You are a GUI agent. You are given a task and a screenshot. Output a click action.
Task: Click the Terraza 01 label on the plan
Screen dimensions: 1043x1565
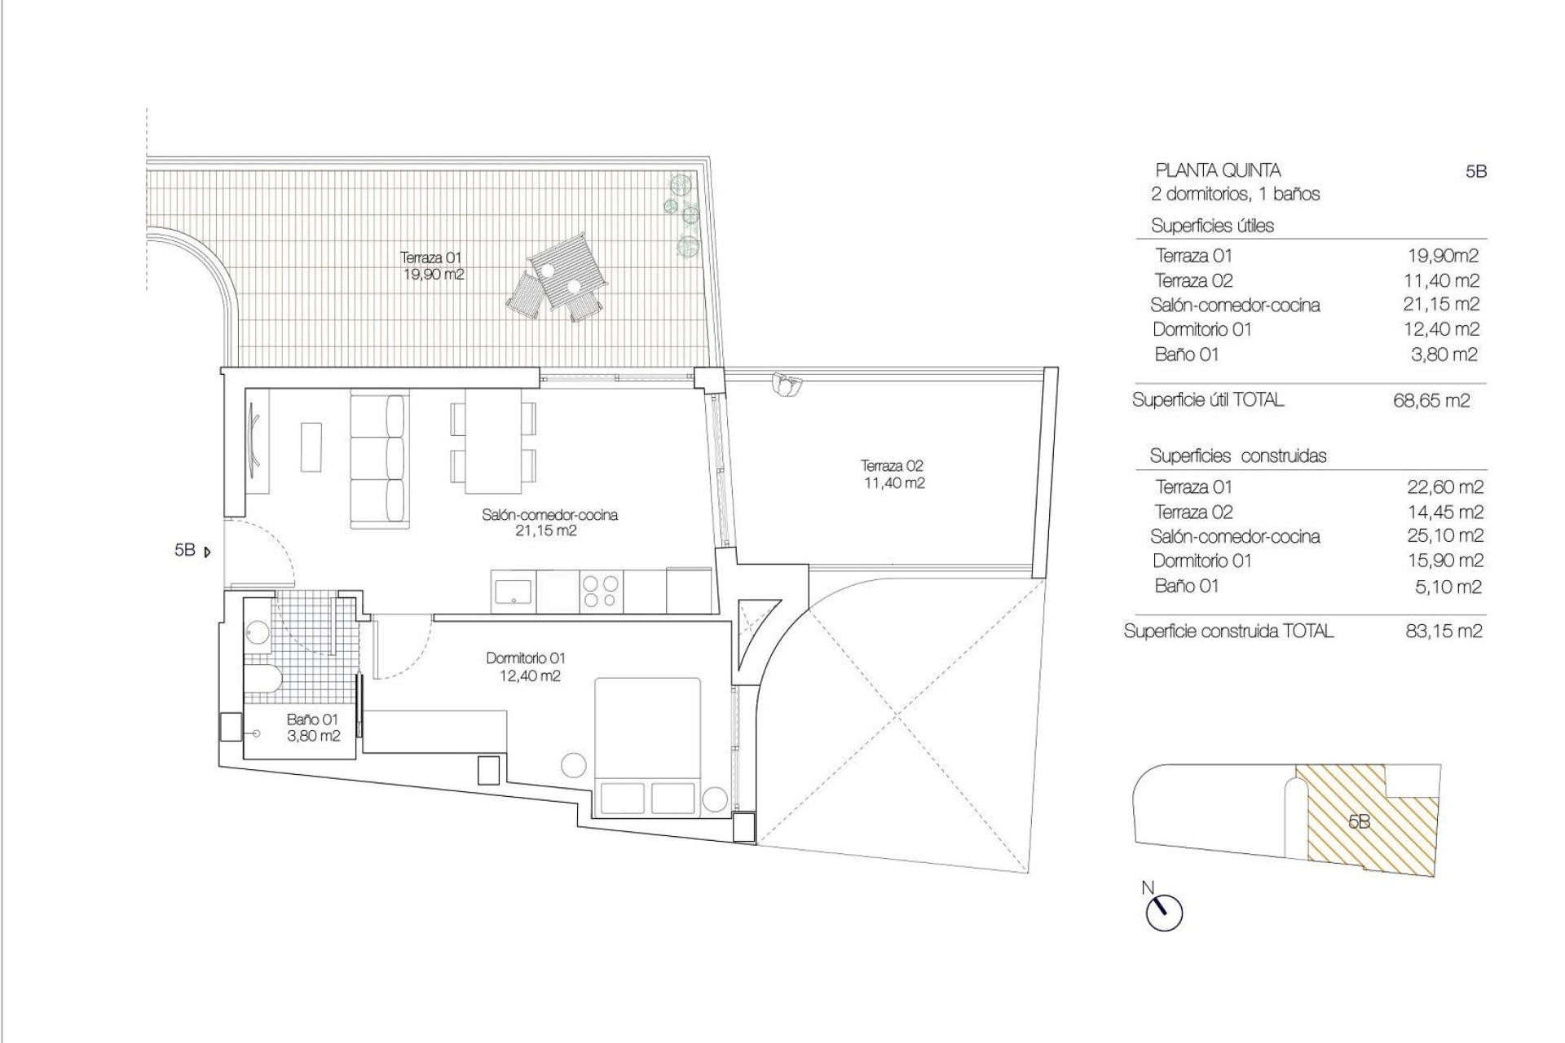coord(431,266)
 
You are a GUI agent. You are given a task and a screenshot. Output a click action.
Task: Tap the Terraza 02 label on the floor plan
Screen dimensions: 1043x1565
coord(893,474)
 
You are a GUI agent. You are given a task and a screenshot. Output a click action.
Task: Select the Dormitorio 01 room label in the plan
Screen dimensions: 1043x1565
coord(526,667)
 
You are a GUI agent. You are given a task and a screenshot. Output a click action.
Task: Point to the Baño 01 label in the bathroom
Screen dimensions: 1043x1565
coord(312,728)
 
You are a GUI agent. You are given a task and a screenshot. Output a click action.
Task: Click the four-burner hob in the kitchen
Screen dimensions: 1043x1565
coord(601,592)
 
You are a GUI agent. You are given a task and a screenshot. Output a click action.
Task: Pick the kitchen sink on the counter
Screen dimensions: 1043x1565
coord(514,591)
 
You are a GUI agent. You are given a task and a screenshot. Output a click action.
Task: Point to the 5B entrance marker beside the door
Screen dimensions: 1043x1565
coord(192,551)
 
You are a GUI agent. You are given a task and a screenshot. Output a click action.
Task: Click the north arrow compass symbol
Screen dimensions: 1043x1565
coord(1163,912)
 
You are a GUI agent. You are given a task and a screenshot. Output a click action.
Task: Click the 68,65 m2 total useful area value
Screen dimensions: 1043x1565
coord(1431,401)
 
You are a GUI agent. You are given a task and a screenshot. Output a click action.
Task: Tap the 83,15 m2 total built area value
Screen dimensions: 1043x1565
coord(1444,631)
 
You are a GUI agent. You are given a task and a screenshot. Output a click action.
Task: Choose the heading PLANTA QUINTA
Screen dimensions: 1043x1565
coord(1218,170)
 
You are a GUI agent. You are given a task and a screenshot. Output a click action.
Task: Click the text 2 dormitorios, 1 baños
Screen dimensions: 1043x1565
coord(1235,194)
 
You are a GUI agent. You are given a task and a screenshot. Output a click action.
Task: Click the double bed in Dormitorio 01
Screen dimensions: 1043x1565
coord(648,746)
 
